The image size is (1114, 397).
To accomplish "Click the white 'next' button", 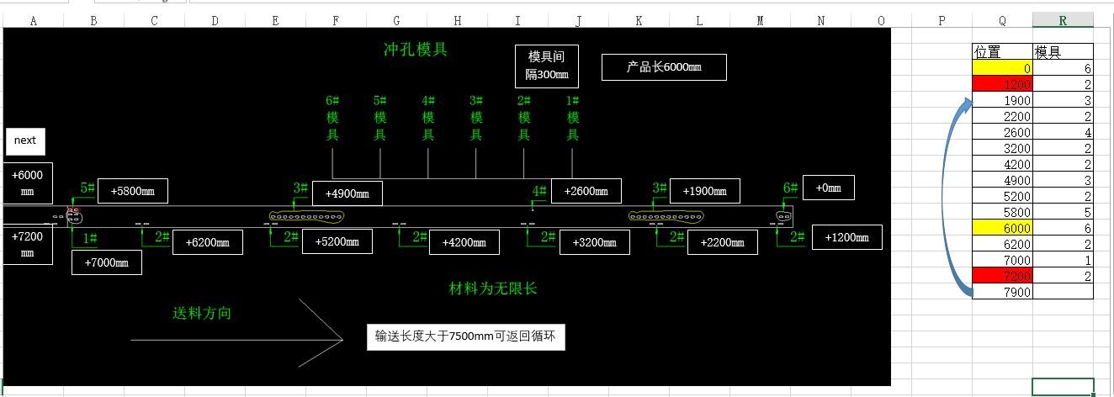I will [25, 141].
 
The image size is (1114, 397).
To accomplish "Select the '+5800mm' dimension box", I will [133, 191].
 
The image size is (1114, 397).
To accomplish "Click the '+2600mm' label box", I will [586, 191].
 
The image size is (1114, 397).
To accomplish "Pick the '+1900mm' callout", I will [705, 191].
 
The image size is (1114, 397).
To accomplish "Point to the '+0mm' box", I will [829, 188].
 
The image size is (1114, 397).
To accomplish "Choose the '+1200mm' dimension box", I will [847, 237].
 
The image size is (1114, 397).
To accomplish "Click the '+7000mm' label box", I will [107, 262].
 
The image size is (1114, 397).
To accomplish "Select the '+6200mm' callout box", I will [208, 242].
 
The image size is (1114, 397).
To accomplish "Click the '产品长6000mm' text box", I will [664, 67].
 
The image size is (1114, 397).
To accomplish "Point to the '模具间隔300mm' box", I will [547, 66].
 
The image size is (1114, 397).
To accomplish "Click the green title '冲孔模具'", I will [415, 50].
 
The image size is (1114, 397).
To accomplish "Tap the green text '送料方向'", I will [202, 314].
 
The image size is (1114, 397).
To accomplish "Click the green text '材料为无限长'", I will [493, 289].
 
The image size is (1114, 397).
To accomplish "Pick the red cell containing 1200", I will [1002, 84].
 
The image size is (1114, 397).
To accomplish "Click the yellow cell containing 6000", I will [1002, 228].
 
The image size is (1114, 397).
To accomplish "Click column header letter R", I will [1064, 20].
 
